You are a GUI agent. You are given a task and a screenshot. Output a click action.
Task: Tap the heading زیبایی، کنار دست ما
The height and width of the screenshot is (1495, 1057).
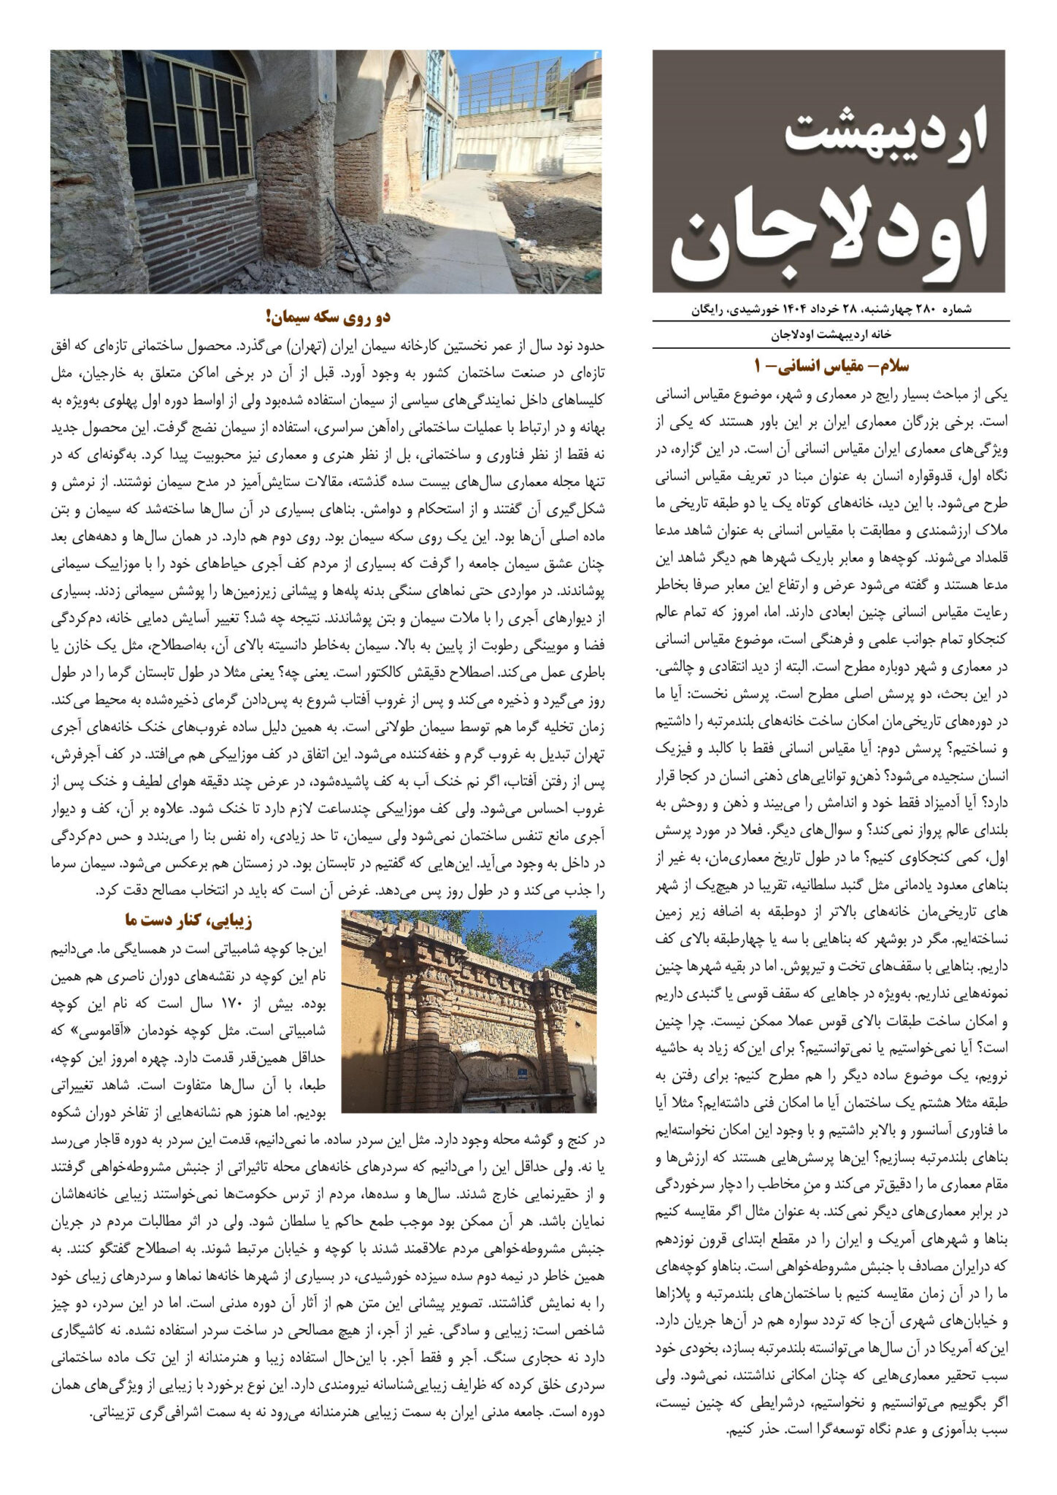(x=188, y=920)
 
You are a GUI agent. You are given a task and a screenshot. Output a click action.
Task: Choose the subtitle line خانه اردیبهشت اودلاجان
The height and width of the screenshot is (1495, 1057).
(x=831, y=335)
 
